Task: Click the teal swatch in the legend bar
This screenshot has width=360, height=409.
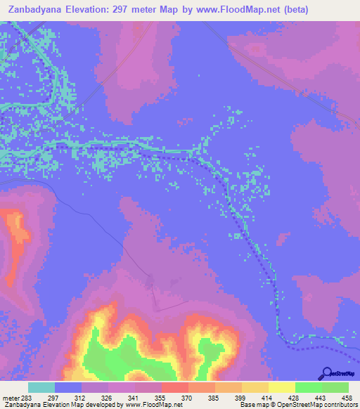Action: pos(41,387)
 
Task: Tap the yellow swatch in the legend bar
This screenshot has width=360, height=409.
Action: pos(282,387)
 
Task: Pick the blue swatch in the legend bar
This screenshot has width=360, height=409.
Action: pos(68,387)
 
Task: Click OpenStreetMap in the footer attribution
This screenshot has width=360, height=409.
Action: pos(295,405)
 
